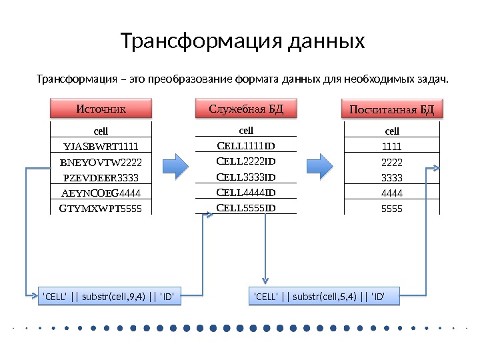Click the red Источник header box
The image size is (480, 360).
101,109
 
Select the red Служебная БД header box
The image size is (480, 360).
246,109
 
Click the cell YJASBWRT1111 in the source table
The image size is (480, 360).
101,146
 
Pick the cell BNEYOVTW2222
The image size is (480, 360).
101,162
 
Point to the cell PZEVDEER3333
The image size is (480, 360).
101,178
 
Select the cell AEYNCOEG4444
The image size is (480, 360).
101,193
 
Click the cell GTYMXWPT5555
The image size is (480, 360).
101,208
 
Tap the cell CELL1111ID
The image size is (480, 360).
247,145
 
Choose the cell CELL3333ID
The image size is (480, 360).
247,177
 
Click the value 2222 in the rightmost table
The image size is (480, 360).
392,162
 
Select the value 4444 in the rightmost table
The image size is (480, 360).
392,193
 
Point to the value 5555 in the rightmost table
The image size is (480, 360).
392,208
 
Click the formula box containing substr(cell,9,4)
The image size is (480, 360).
111,295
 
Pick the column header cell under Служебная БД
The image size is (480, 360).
247,130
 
